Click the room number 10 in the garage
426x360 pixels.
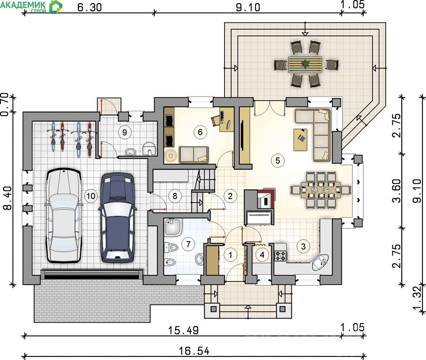click(x=91, y=196)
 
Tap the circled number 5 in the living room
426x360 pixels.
click(x=278, y=160)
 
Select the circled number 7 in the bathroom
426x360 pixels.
click(x=188, y=244)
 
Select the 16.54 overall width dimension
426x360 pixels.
click(x=194, y=351)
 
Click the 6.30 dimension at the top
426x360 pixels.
click(x=90, y=7)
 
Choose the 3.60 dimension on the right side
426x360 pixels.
click(x=396, y=190)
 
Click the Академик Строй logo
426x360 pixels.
click(x=31, y=7)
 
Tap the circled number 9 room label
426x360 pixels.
click(x=125, y=132)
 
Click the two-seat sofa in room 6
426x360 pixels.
click(x=193, y=155)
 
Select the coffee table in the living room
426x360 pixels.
click(x=301, y=139)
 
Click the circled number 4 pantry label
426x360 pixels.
click(x=262, y=255)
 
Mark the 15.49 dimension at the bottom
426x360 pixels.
click(x=184, y=330)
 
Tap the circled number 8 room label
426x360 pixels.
click(x=175, y=196)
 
